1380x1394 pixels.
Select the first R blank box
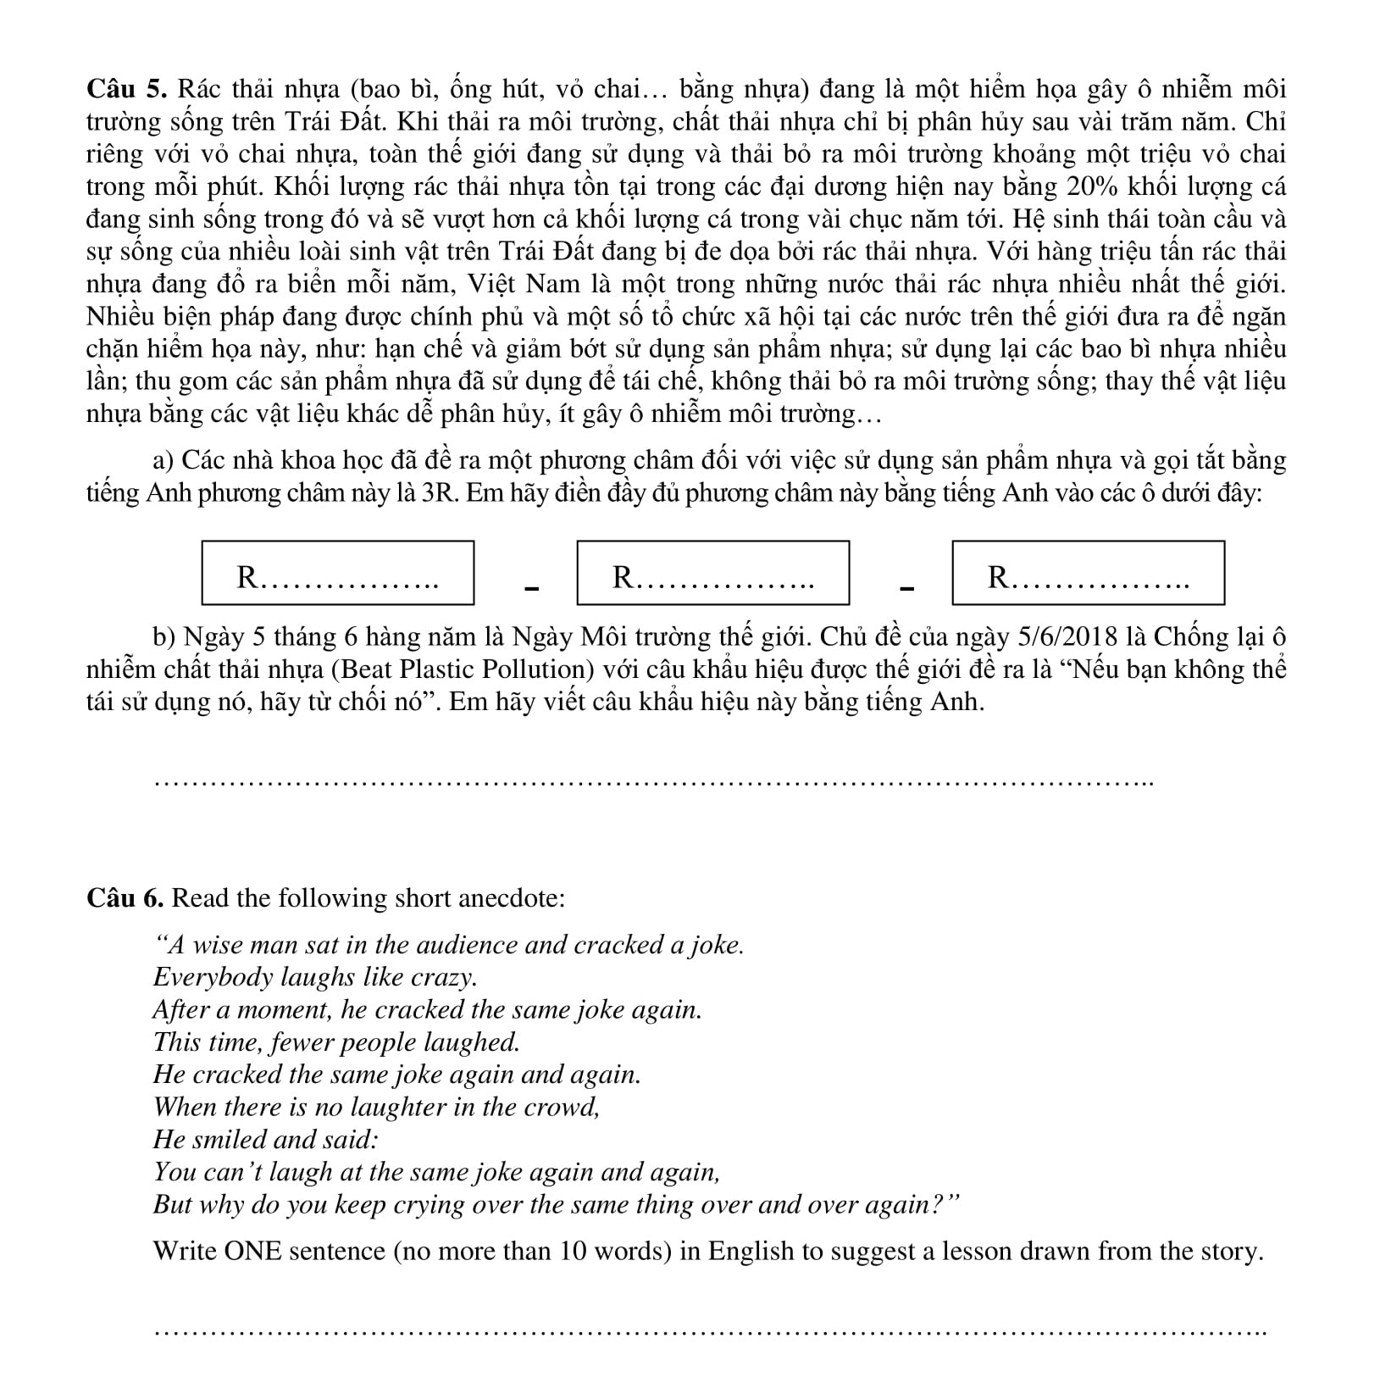[338, 573]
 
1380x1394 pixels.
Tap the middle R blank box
[712, 573]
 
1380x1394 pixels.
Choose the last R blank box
[1088, 573]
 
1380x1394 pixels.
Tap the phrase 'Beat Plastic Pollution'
[463, 669]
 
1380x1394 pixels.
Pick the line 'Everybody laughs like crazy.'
[315, 977]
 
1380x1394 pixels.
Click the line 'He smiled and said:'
[265, 1139]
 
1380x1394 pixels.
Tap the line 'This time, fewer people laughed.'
[336, 1041]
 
